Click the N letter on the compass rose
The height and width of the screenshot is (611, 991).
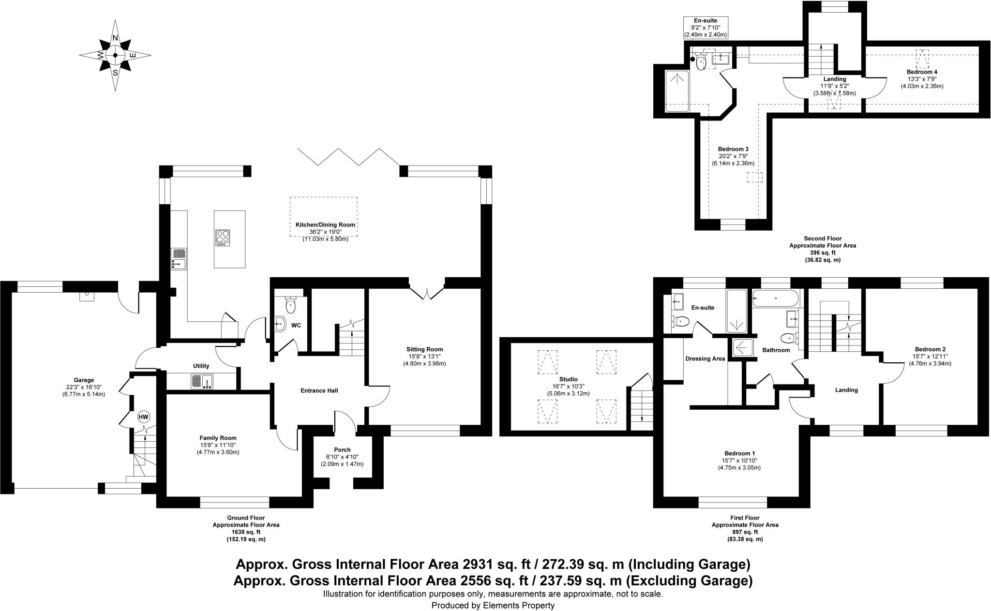tap(115, 38)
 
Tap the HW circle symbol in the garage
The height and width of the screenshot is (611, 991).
tap(144, 417)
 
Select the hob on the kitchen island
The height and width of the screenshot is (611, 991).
tap(223, 237)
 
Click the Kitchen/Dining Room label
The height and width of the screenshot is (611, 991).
tap(325, 225)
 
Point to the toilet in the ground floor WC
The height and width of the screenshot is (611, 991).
tap(291, 305)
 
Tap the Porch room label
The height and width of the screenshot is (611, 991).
tap(342, 450)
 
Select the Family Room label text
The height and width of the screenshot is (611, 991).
tap(218, 438)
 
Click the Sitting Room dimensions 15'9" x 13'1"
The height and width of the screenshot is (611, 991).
tap(424, 357)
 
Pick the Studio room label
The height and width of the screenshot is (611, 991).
tap(568, 379)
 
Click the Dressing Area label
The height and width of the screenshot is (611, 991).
tap(705, 358)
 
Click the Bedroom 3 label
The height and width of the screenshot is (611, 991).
tap(733, 149)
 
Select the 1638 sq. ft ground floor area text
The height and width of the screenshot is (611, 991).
tap(246, 532)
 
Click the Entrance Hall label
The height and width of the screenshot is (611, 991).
tap(319, 390)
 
